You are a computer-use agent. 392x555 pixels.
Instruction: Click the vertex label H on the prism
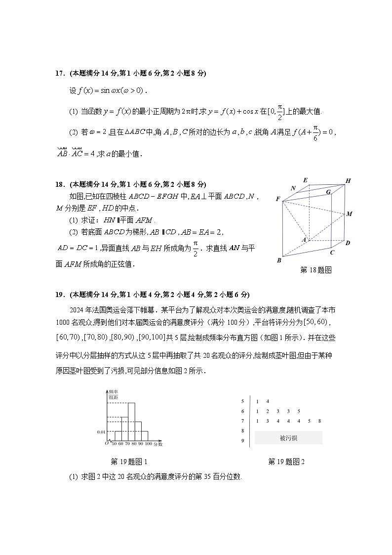click(348, 181)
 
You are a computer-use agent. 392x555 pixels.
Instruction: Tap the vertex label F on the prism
click(278, 199)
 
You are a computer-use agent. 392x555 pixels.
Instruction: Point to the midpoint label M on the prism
click(349, 213)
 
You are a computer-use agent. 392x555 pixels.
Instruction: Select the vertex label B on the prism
click(279, 260)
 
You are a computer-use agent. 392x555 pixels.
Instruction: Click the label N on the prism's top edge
click(293, 188)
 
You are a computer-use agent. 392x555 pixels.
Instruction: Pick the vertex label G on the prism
click(328, 192)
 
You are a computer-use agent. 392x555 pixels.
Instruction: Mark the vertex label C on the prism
click(332, 253)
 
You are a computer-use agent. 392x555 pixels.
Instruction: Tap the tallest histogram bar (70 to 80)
click(131, 421)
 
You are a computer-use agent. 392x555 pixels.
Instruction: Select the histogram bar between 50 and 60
click(118, 435)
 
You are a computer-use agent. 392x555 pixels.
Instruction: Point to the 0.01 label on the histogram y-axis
click(101, 432)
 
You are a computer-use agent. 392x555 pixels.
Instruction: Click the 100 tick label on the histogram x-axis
click(148, 444)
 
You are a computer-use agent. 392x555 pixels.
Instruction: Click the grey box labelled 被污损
click(288, 437)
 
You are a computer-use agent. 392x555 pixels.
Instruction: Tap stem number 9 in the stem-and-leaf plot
click(242, 440)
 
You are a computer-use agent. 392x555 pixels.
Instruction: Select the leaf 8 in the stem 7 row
click(320, 421)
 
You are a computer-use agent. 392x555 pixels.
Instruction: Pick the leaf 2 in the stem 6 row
click(267, 411)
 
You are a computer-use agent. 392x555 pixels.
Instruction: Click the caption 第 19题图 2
click(286, 462)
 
